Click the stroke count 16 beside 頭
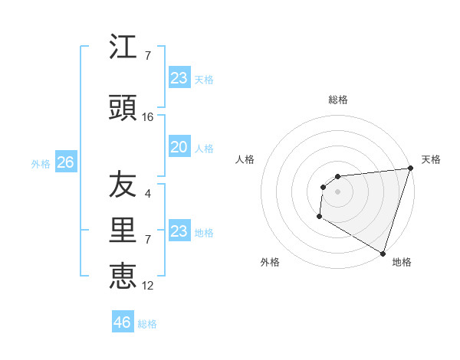tap(148, 116)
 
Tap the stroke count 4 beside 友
tap(148, 194)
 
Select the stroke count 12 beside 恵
tap(148, 285)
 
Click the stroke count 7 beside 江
tap(148, 56)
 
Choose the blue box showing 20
tap(179, 147)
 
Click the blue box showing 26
tap(65, 163)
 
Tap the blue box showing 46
tap(123, 322)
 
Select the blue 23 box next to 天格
tap(179, 78)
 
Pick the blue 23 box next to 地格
tap(179, 231)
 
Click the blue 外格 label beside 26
tap(41, 164)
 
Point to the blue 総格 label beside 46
tap(147, 324)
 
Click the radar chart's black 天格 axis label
tap(431, 159)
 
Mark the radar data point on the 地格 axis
tap(383, 253)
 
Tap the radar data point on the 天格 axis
tap(410, 168)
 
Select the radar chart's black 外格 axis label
tap(270, 262)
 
